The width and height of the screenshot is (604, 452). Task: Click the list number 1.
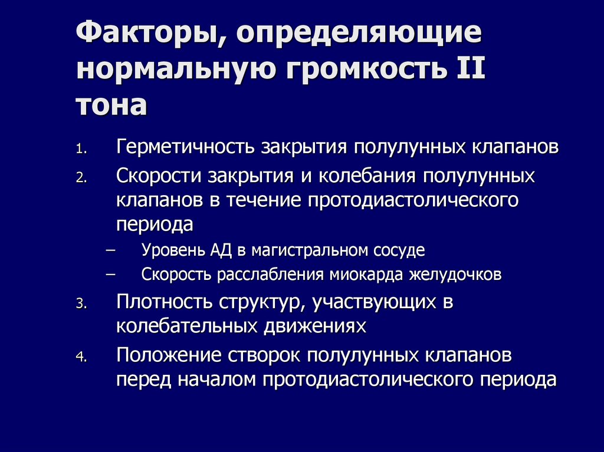point(81,150)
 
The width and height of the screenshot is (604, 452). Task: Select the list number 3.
point(81,305)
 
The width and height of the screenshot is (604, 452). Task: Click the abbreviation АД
point(223,250)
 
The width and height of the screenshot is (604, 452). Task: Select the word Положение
point(166,355)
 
